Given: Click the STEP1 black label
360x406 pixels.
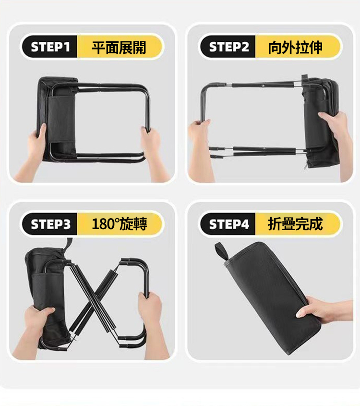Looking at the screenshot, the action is [x=50, y=47].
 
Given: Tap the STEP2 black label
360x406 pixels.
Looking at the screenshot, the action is [x=228, y=47].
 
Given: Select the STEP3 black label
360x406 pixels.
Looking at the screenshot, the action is [x=50, y=224].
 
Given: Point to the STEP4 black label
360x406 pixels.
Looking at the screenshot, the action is [x=228, y=224].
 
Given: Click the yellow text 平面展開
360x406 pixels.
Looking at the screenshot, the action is [x=119, y=48].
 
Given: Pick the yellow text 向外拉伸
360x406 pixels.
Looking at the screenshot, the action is [x=295, y=48].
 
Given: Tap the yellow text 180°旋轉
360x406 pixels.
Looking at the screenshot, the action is [x=120, y=224].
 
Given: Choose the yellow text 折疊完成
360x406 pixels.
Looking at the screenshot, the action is [x=295, y=224].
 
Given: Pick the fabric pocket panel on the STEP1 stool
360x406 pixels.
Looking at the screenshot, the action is [x=61, y=119].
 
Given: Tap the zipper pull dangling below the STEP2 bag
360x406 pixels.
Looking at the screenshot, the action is [x=306, y=165].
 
